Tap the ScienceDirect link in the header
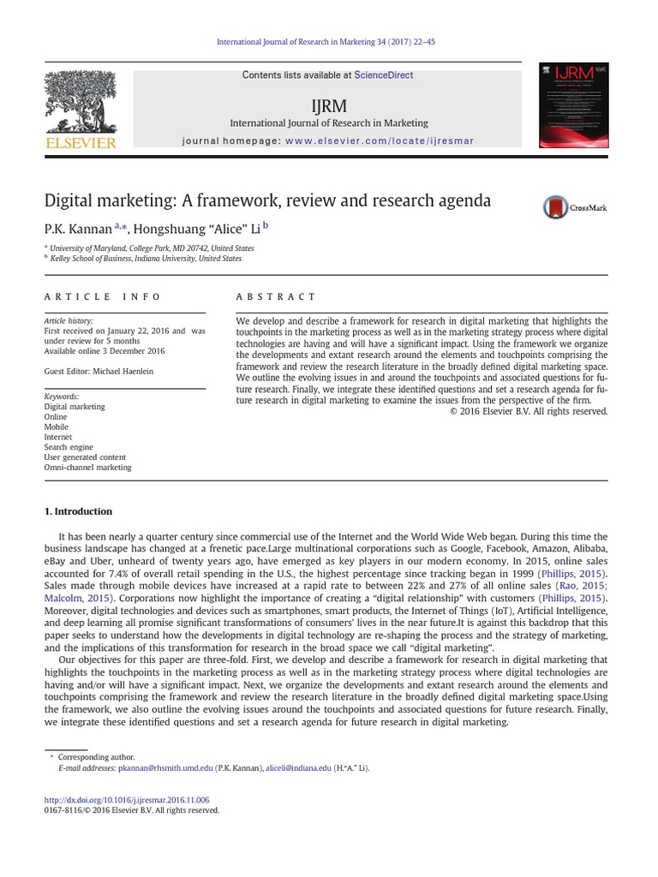pyautogui.click(x=383, y=75)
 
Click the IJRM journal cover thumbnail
pyautogui.click(x=573, y=105)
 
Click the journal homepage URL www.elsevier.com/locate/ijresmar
pyautogui.click(x=379, y=140)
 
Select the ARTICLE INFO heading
pyautogui.click(x=102, y=296)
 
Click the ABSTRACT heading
pyautogui.click(x=276, y=296)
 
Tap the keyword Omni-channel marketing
pyautogui.click(x=87, y=468)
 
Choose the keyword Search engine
pyautogui.click(x=69, y=447)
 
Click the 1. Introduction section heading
pyautogui.click(x=78, y=511)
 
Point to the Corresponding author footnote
pyautogui.click(x=96, y=757)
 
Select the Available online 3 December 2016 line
pyautogui.click(x=105, y=350)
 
